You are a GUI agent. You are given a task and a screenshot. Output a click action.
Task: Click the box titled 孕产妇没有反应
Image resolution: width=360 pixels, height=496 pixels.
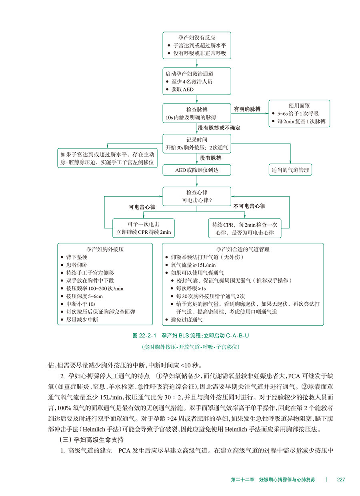tap(197, 45)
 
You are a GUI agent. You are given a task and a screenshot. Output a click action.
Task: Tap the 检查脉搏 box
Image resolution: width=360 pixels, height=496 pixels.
tap(197, 113)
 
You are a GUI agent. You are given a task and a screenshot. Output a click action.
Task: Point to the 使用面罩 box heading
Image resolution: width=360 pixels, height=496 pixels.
tap(299, 106)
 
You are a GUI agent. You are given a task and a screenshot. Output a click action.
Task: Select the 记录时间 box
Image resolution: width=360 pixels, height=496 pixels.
tap(197, 143)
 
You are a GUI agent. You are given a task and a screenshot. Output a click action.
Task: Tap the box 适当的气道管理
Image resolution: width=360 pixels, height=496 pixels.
tap(290, 170)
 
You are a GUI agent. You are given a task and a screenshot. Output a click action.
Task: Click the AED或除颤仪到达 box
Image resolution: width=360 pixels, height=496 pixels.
tap(197, 170)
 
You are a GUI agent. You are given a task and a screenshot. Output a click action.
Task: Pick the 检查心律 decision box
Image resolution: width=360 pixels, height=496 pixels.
tap(197, 196)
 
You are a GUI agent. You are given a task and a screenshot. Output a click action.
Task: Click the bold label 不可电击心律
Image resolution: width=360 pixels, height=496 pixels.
tap(249, 206)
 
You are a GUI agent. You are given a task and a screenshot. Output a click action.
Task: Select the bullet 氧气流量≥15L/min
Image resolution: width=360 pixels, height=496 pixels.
tap(193, 265)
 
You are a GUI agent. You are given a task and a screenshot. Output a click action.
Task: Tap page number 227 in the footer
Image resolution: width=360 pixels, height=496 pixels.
tap(341, 479)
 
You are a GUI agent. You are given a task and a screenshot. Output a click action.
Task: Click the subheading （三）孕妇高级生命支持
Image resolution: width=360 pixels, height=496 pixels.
tap(90, 441)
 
